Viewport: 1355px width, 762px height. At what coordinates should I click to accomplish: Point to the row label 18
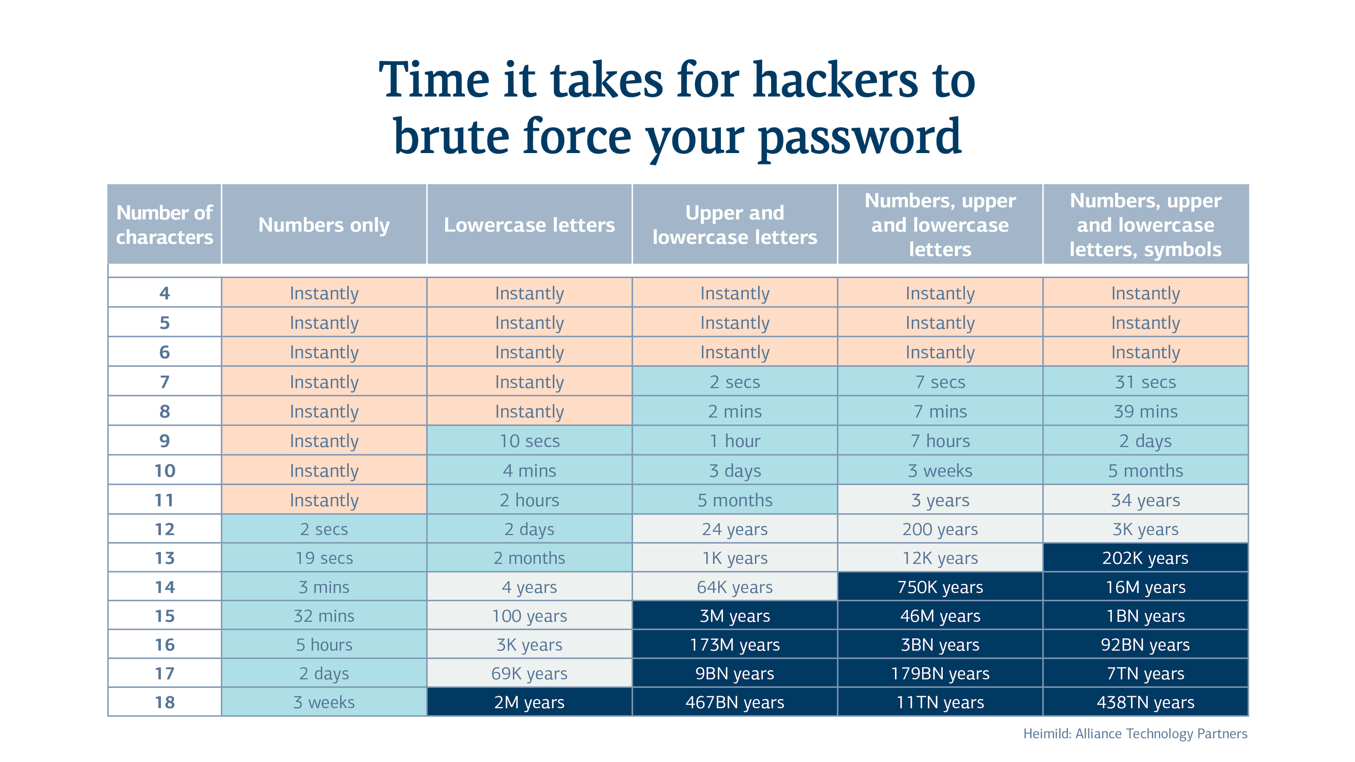(165, 702)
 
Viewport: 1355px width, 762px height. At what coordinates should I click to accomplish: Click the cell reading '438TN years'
(1145, 702)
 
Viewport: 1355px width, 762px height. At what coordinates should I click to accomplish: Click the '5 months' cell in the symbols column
(1145, 470)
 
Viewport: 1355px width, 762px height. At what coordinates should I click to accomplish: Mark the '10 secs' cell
(529, 441)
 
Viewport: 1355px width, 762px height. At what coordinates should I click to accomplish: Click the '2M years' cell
(529, 702)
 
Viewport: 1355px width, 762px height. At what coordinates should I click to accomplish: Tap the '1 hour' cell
(735, 441)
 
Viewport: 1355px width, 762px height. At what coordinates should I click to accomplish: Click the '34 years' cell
(1145, 500)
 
